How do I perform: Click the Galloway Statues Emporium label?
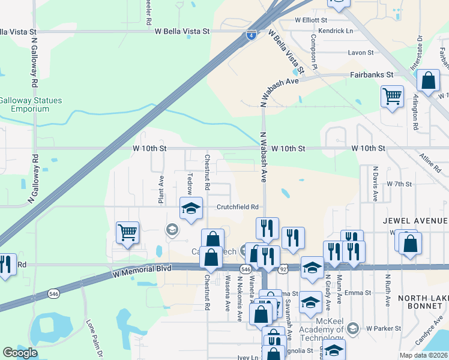pos(31,104)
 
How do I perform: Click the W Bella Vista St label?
pos(182,31)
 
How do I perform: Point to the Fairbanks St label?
pos(371,75)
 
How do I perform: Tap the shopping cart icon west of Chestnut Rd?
pos(127,232)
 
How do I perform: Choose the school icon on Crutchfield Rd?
pos(191,209)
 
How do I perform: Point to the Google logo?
pos(20,353)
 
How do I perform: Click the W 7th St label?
pos(399,184)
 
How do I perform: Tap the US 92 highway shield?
pos(283,270)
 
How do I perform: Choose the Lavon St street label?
pos(361,53)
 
